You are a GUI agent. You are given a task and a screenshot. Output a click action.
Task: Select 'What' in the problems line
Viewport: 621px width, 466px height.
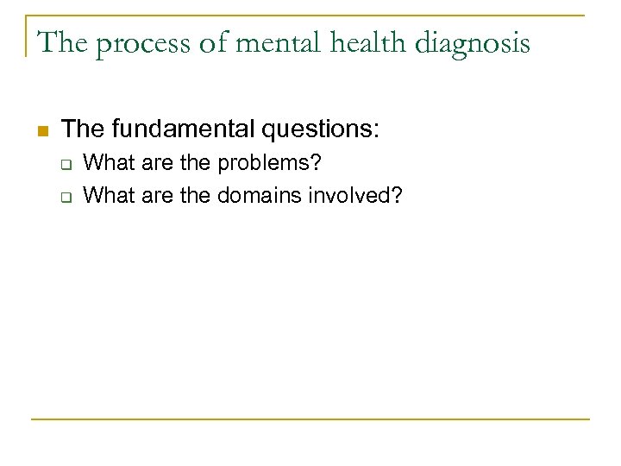click(x=103, y=163)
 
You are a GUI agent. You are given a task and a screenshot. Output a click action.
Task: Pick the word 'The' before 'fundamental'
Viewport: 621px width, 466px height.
click(x=83, y=129)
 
